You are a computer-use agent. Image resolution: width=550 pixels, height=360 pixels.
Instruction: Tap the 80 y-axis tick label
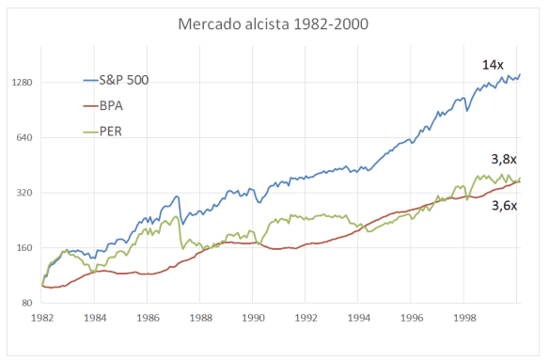[x=26, y=304]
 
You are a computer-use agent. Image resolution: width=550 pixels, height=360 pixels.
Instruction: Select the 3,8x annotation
[x=506, y=161]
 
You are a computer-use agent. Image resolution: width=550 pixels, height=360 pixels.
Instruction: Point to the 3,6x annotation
[x=506, y=205]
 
